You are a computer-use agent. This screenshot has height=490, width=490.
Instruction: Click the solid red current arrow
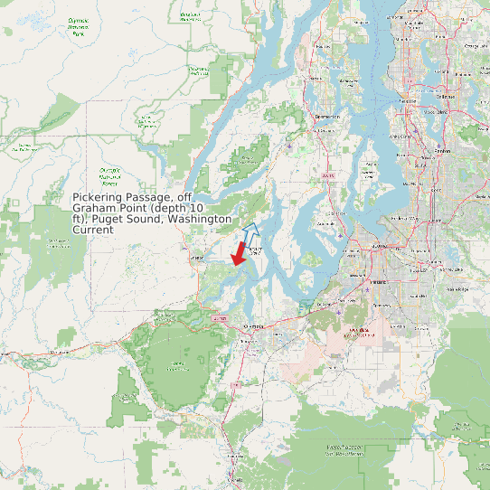[239, 254]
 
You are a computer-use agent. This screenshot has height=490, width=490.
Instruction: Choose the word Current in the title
[93, 230]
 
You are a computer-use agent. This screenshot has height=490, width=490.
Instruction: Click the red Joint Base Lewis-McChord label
[359, 331]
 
